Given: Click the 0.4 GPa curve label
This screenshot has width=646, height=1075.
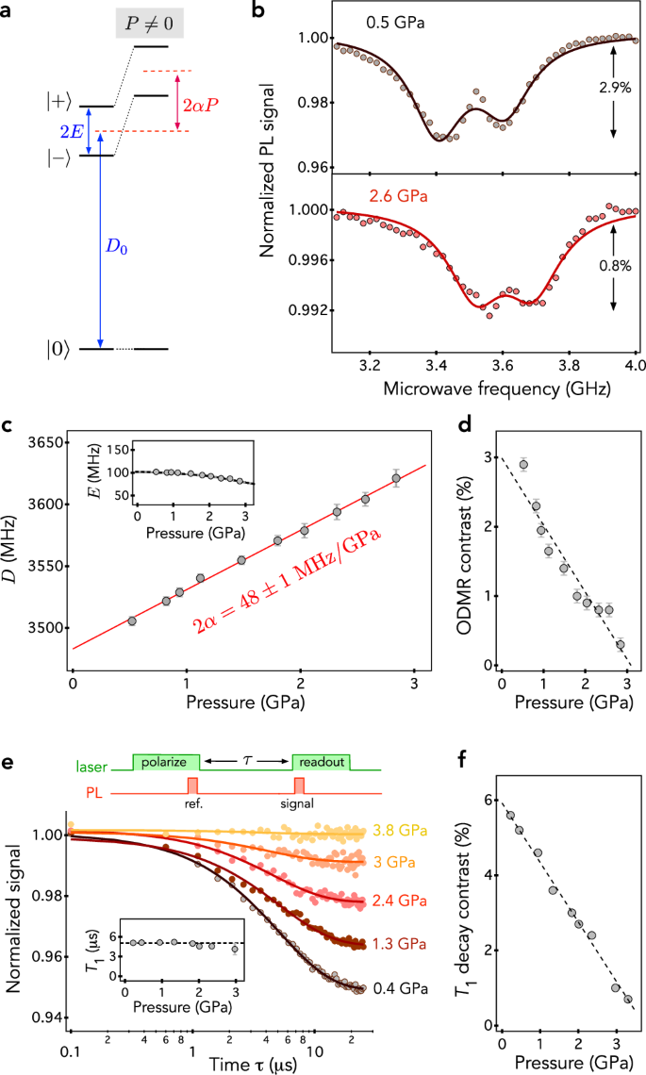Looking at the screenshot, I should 399,988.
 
